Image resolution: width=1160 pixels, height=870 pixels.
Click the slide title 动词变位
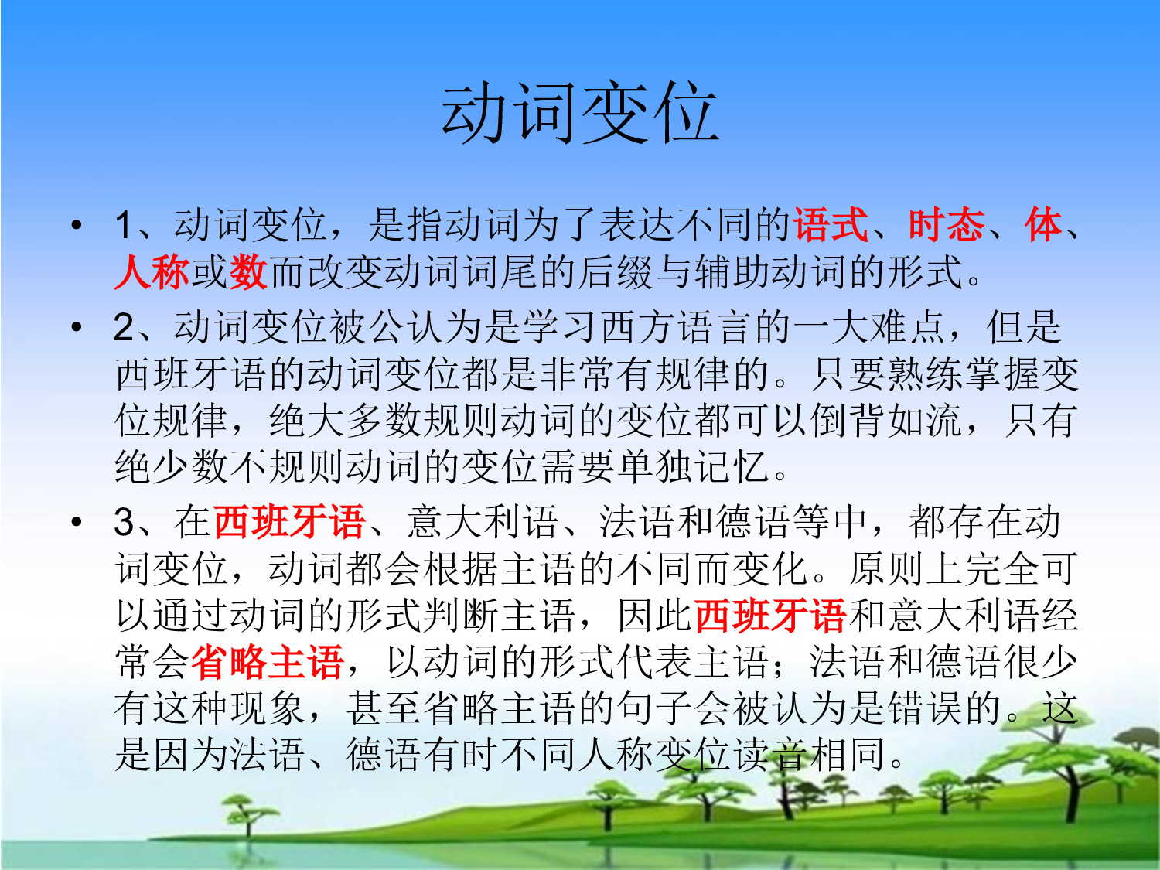point(580,114)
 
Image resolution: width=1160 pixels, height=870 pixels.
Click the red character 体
point(1043,226)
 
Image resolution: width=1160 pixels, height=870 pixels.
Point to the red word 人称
point(152,272)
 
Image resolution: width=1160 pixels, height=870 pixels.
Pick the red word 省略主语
point(268,662)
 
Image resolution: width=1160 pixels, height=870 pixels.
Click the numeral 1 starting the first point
point(124,226)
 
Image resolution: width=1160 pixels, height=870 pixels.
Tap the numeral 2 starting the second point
point(124,327)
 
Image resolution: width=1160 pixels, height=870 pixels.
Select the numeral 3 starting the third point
point(124,522)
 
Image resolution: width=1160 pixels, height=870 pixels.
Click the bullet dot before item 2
point(76,327)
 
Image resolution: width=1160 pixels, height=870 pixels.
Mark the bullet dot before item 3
point(76,522)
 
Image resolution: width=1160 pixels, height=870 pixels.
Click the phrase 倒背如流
point(886,421)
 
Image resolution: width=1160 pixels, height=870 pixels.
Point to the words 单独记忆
point(693,467)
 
